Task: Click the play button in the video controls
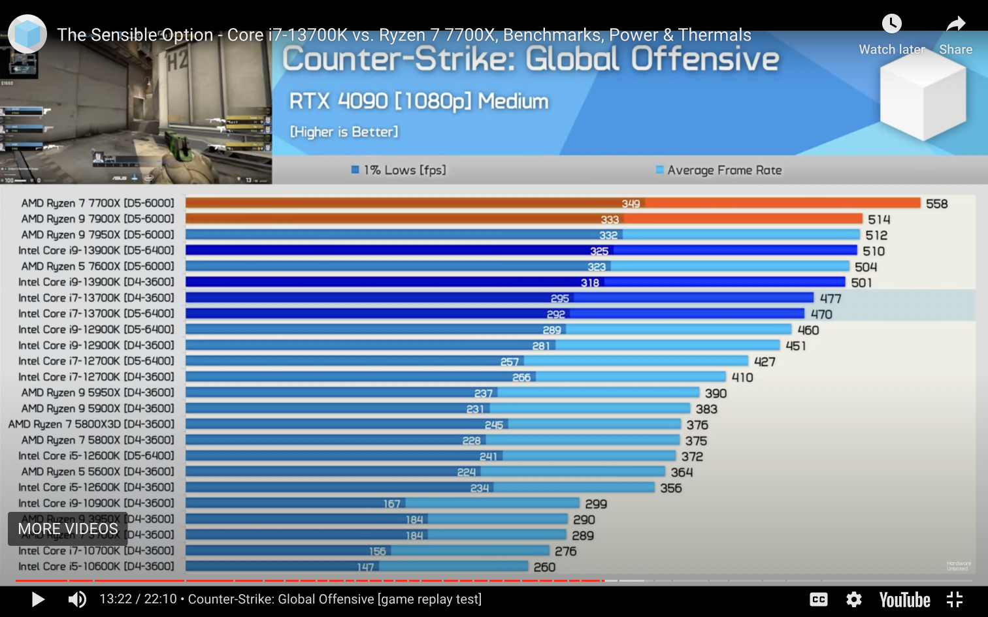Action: tap(38, 599)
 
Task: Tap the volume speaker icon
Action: tap(77, 599)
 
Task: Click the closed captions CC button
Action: tap(819, 599)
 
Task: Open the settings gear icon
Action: tap(854, 599)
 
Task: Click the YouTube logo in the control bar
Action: tap(904, 599)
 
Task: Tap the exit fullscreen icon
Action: tap(955, 599)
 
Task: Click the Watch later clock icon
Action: tap(891, 24)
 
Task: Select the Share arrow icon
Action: tap(955, 24)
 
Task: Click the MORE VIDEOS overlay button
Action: tap(68, 529)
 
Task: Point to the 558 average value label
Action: tap(936, 204)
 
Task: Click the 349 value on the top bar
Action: tap(631, 204)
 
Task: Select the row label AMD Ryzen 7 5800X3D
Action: tap(91, 424)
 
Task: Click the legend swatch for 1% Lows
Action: tap(355, 170)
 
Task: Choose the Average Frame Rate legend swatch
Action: tap(659, 170)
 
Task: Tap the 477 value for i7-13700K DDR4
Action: tap(831, 298)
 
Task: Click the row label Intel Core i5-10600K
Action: tap(96, 567)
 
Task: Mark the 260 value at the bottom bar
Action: tap(544, 567)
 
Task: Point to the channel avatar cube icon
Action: tap(27, 34)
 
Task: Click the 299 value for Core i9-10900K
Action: tap(596, 504)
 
